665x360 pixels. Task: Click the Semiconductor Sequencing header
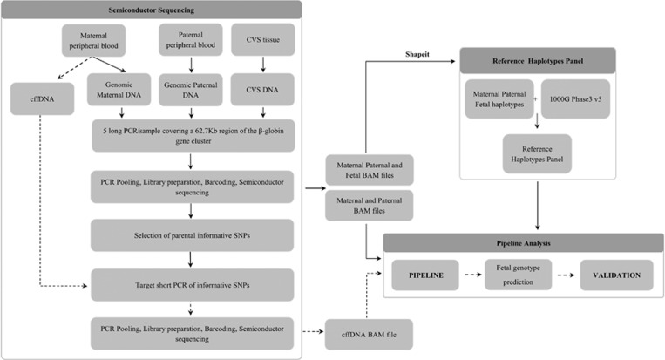pos(152,9)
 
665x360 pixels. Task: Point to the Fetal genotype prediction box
pos(520,276)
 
